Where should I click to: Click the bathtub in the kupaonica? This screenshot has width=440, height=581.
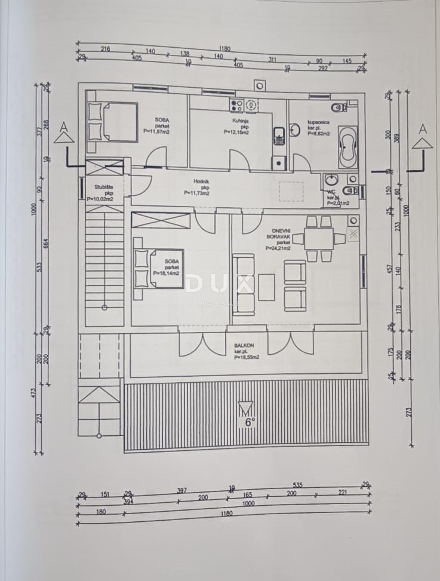pos(348,147)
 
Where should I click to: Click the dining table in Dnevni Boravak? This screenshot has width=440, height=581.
pos(319,239)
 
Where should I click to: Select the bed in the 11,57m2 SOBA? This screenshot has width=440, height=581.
pos(113,122)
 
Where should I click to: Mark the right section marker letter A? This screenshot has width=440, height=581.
pos(422,128)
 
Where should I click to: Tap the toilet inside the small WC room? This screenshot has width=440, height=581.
pos(351,190)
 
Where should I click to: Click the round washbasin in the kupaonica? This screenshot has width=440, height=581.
pos(295,130)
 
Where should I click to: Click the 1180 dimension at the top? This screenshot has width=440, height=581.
pos(224,48)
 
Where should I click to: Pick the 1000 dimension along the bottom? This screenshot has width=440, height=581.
pos(248,503)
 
